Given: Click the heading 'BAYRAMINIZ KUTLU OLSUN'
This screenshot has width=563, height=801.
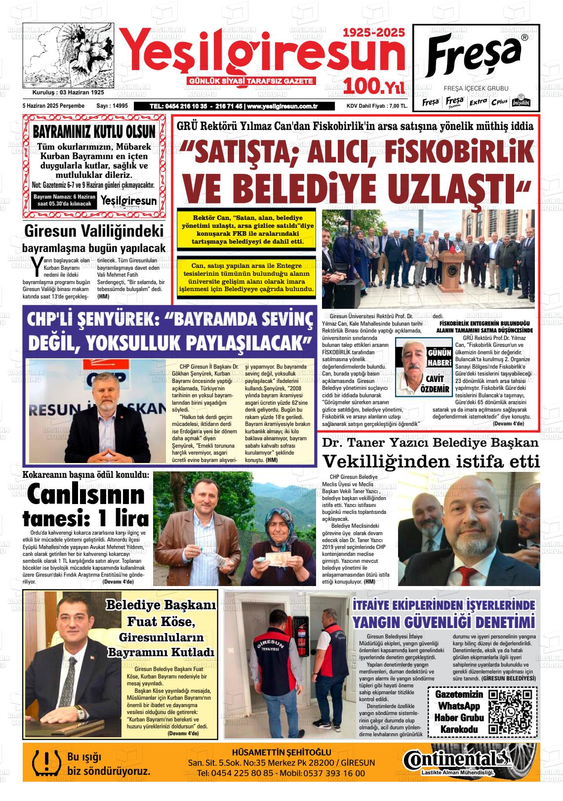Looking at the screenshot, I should (x=94, y=132).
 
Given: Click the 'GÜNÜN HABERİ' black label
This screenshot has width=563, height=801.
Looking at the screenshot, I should (x=439, y=358).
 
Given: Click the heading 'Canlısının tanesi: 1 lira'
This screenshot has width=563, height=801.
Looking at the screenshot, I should (x=86, y=506).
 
